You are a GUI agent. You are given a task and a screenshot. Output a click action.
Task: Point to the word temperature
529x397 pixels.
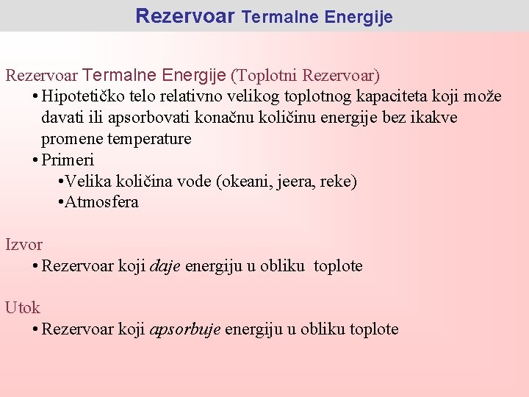(x=150, y=139)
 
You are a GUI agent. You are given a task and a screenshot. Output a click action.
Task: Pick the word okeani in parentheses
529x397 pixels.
(x=245, y=182)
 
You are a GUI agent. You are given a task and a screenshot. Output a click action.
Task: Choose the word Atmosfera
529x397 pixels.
(x=102, y=202)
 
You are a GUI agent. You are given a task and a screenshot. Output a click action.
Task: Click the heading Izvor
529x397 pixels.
(x=24, y=245)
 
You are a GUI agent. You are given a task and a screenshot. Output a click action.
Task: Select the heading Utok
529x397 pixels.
(x=23, y=308)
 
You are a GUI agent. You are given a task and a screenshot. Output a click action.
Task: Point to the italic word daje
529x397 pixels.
(x=165, y=266)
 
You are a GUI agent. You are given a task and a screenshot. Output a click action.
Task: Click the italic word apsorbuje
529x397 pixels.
(x=185, y=329)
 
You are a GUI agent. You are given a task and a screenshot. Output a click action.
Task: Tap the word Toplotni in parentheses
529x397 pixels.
(x=265, y=75)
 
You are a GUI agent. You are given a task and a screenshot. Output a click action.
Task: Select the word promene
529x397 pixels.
(x=72, y=139)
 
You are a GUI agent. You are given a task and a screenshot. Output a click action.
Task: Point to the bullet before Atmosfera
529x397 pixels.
(x=60, y=203)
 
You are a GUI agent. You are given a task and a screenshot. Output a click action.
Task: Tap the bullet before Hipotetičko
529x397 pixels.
(x=35, y=97)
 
